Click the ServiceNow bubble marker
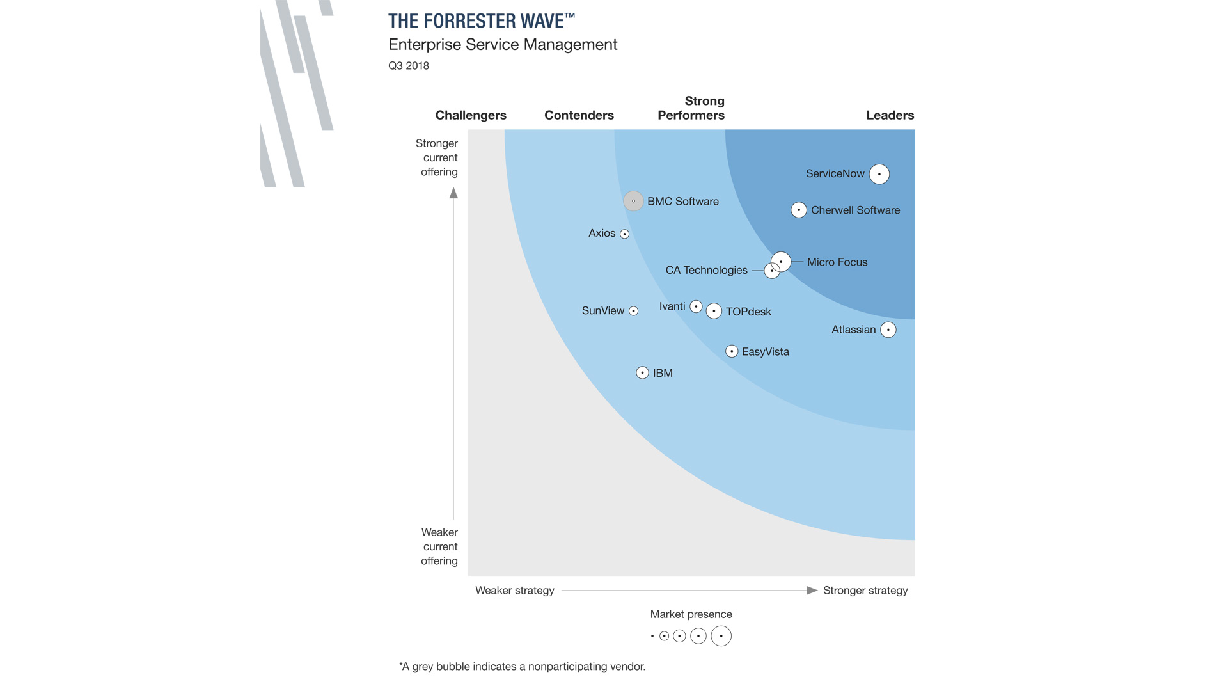point(879,174)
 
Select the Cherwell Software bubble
point(799,210)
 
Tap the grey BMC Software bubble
point(633,201)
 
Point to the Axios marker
point(625,234)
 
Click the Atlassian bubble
point(888,330)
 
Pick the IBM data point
point(643,372)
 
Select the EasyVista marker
point(732,351)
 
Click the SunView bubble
point(633,311)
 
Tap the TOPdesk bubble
point(714,311)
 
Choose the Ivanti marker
point(697,306)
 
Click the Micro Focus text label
point(837,262)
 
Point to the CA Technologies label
point(706,270)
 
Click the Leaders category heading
point(890,115)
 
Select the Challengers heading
point(471,115)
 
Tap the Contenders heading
point(579,115)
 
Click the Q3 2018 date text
point(409,66)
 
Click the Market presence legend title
point(691,614)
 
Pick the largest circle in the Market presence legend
point(721,636)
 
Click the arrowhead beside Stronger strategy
point(812,591)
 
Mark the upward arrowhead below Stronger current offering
point(453,193)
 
